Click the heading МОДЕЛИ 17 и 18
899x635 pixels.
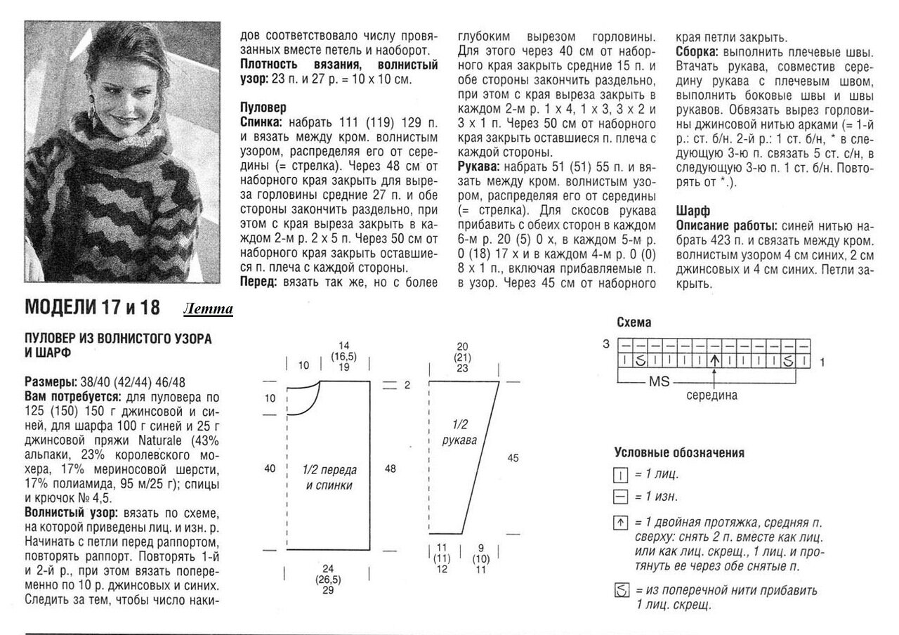pyautogui.click(x=92, y=308)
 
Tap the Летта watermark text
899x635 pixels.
pyautogui.click(x=209, y=310)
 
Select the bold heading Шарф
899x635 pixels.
pyautogui.click(x=693, y=210)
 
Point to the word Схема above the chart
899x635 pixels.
pyautogui.click(x=634, y=323)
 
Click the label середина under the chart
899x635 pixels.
pyautogui.click(x=712, y=395)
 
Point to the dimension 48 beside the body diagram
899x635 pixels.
pyautogui.click(x=391, y=469)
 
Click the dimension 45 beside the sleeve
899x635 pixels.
pyautogui.click(x=513, y=458)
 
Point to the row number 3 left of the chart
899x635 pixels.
pyautogui.click(x=605, y=345)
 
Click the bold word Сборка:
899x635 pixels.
pyautogui.click(x=698, y=53)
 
